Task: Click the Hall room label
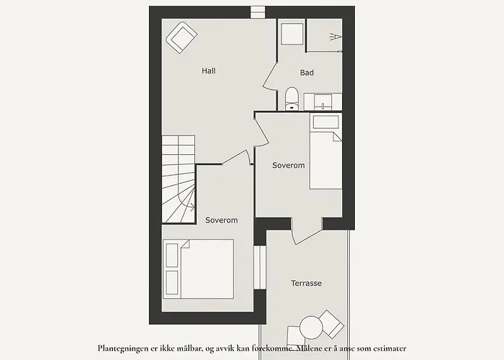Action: click(209, 71)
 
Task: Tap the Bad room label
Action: click(307, 73)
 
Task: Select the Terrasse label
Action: click(306, 283)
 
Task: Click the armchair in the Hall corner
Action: click(181, 37)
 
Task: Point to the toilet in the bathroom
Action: click(292, 99)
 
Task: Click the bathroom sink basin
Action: click(323, 102)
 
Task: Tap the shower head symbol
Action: click(336, 37)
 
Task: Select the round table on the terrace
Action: click(311, 327)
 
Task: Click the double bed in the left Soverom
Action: click(198, 269)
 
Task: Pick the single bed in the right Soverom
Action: click(325, 151)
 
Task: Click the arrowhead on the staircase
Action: click(192, 207)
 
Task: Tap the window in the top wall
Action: click(258, 12)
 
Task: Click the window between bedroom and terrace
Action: click(260, 267)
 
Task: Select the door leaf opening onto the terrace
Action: click(308, 237)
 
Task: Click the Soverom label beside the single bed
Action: click(288, 165)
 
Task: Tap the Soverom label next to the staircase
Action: click(222, 220)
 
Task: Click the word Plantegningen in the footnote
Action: click(123, 348)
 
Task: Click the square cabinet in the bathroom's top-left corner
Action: click(292, 34)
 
